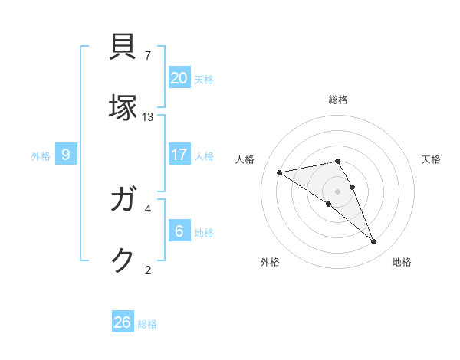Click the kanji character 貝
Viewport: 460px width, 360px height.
124,48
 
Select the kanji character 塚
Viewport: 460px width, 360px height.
124,107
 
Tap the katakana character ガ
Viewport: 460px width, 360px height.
124,201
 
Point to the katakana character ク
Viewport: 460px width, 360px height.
124,261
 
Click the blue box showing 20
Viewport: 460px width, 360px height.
179,77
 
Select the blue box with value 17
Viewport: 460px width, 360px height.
179,155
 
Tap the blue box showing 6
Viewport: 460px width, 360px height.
179,231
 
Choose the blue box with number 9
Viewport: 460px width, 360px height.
66,155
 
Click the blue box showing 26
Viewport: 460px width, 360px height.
123,322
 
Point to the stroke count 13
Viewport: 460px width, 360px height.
148,116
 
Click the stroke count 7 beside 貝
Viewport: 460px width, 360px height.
148,56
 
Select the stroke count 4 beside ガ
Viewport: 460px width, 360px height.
148,208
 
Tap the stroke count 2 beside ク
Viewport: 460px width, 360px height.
148,269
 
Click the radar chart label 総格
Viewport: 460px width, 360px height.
338,100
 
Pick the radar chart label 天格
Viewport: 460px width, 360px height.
431,159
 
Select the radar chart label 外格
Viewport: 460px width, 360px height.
270,262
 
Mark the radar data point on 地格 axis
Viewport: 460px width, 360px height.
374,242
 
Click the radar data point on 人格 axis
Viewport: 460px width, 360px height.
279,172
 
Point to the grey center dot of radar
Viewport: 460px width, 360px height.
337,191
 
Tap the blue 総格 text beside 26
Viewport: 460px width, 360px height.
147,324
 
